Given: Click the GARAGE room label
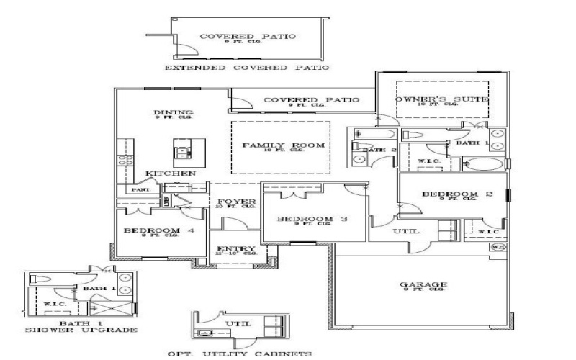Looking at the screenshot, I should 423,284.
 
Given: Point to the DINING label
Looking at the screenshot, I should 173,113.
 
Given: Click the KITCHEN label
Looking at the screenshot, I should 171,174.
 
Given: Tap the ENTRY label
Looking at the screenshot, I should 232,249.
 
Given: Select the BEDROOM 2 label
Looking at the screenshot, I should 451,194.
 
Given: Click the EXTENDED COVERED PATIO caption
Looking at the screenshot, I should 247,68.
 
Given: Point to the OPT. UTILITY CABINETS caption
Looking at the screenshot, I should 240,354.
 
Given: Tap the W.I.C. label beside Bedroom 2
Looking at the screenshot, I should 488,232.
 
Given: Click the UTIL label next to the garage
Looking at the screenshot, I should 400,231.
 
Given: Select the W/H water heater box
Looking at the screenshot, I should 498,247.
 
